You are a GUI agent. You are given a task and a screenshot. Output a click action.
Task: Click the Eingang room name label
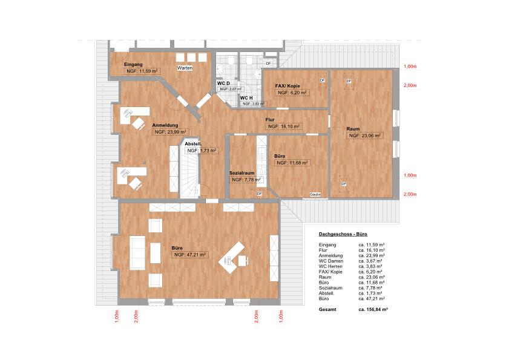(x=133, y=64)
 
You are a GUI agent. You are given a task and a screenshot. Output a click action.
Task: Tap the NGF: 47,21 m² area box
(x=191, y=255)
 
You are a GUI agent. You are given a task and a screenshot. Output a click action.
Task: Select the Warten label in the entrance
(x=185, y=68)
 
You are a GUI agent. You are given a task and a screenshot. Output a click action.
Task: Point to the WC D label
(x=223, y=83)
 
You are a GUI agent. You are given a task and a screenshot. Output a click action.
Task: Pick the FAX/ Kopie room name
(x=287, y=86)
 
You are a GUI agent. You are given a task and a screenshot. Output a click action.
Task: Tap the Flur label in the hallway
(x=270, y=120)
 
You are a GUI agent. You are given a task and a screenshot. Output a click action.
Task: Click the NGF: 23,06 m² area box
(x=364, y=136)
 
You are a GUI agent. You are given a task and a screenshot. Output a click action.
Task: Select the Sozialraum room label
(x=245, y=173)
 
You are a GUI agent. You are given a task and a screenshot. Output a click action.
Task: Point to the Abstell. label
(x=193, y=143)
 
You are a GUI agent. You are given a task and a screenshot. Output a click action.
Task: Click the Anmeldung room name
(x=165, y=125)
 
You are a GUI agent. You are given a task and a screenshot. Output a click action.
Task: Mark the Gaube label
(x=315, y=194)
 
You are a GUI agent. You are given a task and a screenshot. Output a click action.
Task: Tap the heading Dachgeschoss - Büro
(x=343, y=234)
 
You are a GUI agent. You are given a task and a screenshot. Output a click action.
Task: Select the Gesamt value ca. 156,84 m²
(x=373, y=309)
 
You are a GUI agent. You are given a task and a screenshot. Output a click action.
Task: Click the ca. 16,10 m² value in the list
(x=372, y=249)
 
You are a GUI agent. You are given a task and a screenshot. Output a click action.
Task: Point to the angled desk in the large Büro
(x=233, y=257)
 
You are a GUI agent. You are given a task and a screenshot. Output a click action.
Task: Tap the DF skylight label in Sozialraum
(x=259, y=194)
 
